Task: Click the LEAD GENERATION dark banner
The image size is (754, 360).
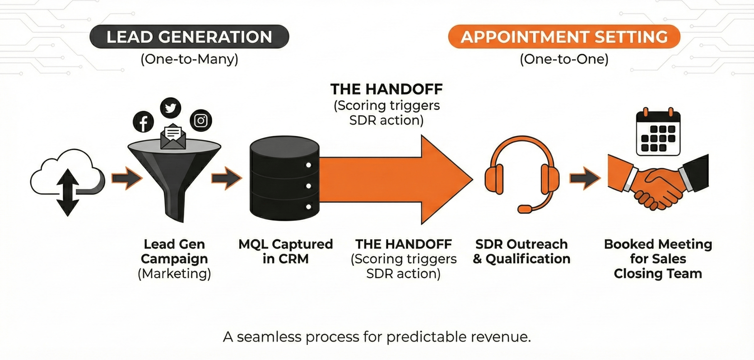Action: click(x=189, y=37)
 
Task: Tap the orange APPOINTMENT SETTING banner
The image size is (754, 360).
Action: click(x=564, y=37)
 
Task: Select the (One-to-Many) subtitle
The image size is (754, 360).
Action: click(x=189, y=59)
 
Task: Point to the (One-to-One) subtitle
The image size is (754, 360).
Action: click(x=564, y=59)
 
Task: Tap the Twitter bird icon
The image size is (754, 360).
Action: click(x=171, y=108)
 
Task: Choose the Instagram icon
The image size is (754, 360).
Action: click(x=201, y=120)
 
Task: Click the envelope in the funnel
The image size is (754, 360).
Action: click(x=173, y=137)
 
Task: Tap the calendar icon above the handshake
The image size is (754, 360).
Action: click(x=658, y=133)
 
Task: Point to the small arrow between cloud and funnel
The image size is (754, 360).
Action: click(x=127, y=178)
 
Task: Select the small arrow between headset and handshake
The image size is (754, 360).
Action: click(x=585, y=178)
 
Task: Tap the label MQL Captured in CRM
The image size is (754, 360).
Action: click(x=285, y=251)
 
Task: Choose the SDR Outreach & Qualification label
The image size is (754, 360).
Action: click(x=521, y=251)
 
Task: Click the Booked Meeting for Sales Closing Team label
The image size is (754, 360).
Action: click(x=658, y=258)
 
